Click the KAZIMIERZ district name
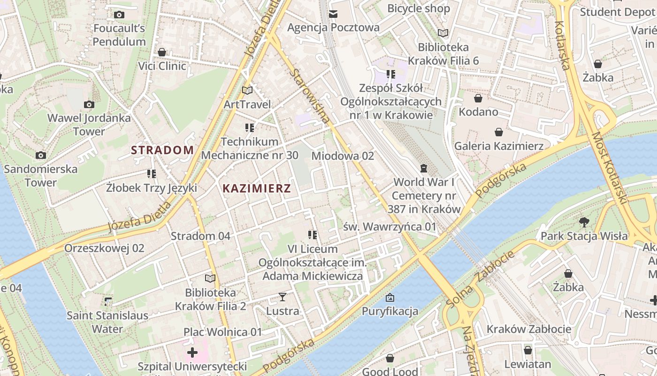point(257,188)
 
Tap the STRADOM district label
point(162,150)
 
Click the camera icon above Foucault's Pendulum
point(119,15)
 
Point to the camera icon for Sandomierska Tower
point(41,155)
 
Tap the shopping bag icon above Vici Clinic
point(162,52)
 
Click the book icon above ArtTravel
point(247,90)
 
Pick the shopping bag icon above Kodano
point(478,98)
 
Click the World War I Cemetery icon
point(424,168)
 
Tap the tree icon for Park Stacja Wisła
point(584,222)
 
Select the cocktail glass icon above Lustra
point(283,297)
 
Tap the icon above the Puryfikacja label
point(390,298)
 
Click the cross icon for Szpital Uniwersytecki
point(192,352)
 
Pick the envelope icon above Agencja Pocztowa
point(333,14)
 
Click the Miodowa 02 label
point(343,156)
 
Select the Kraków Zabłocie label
point(529,329)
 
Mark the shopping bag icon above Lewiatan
point(527,350)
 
